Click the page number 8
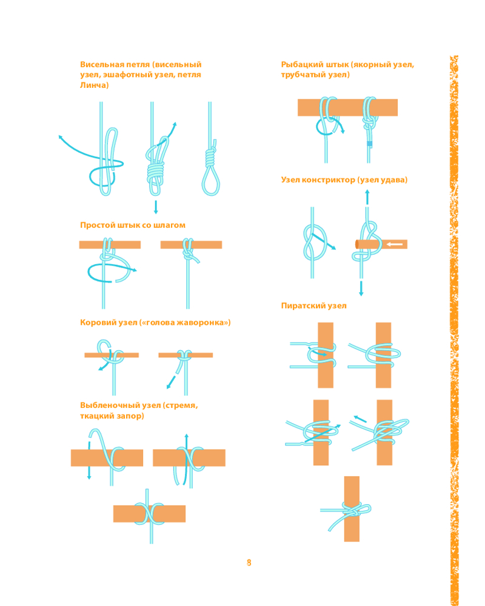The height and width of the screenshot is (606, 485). pos(249,562)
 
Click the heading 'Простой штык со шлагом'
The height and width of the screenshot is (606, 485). pos(133,225)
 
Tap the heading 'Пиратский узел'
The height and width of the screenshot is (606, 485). pos(313,305)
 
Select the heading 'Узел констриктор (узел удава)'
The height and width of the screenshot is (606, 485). pos(344,180)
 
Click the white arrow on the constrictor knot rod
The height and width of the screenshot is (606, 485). pos(395,244)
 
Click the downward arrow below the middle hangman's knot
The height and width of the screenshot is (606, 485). pos(156,207)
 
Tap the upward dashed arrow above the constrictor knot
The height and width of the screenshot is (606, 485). pos(367,197)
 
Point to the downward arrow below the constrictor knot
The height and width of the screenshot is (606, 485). pos(361,288)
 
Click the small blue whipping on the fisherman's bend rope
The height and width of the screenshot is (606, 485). pos(369,144)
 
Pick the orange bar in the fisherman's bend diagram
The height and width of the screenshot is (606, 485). pos(347,107)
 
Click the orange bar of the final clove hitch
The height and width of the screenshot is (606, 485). pos(149,514)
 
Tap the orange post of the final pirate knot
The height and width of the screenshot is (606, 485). pos(352,508)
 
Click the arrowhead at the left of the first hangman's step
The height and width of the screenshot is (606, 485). pos(61,137)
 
